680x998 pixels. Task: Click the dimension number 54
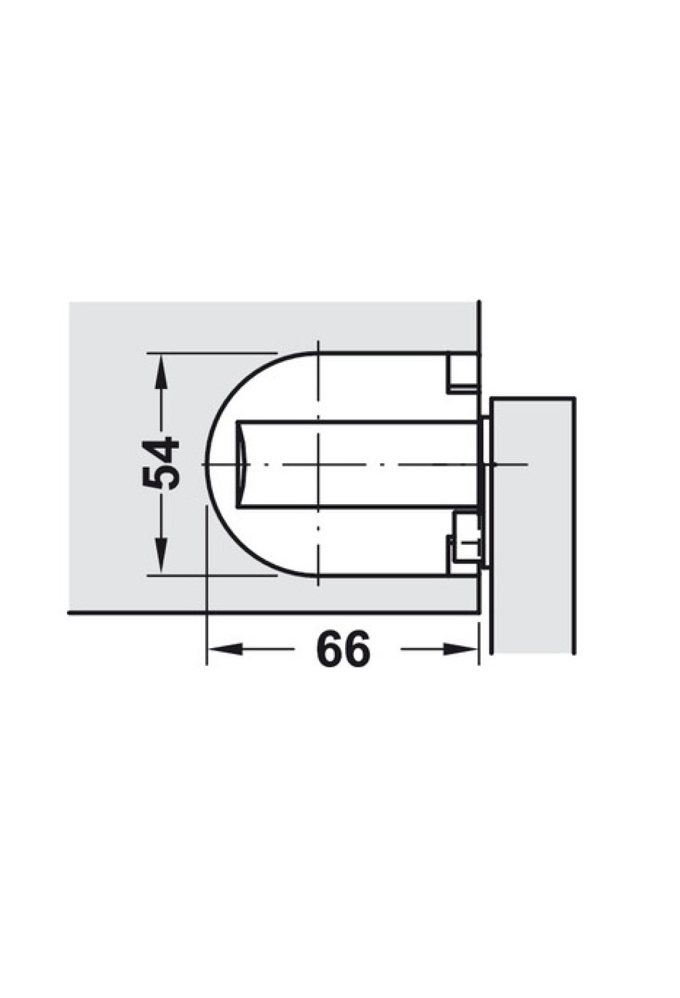point(161,463)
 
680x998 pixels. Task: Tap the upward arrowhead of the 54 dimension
point(161,372)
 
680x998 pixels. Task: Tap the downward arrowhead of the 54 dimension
point(161,555)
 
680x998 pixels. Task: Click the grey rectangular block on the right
point(533,525)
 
